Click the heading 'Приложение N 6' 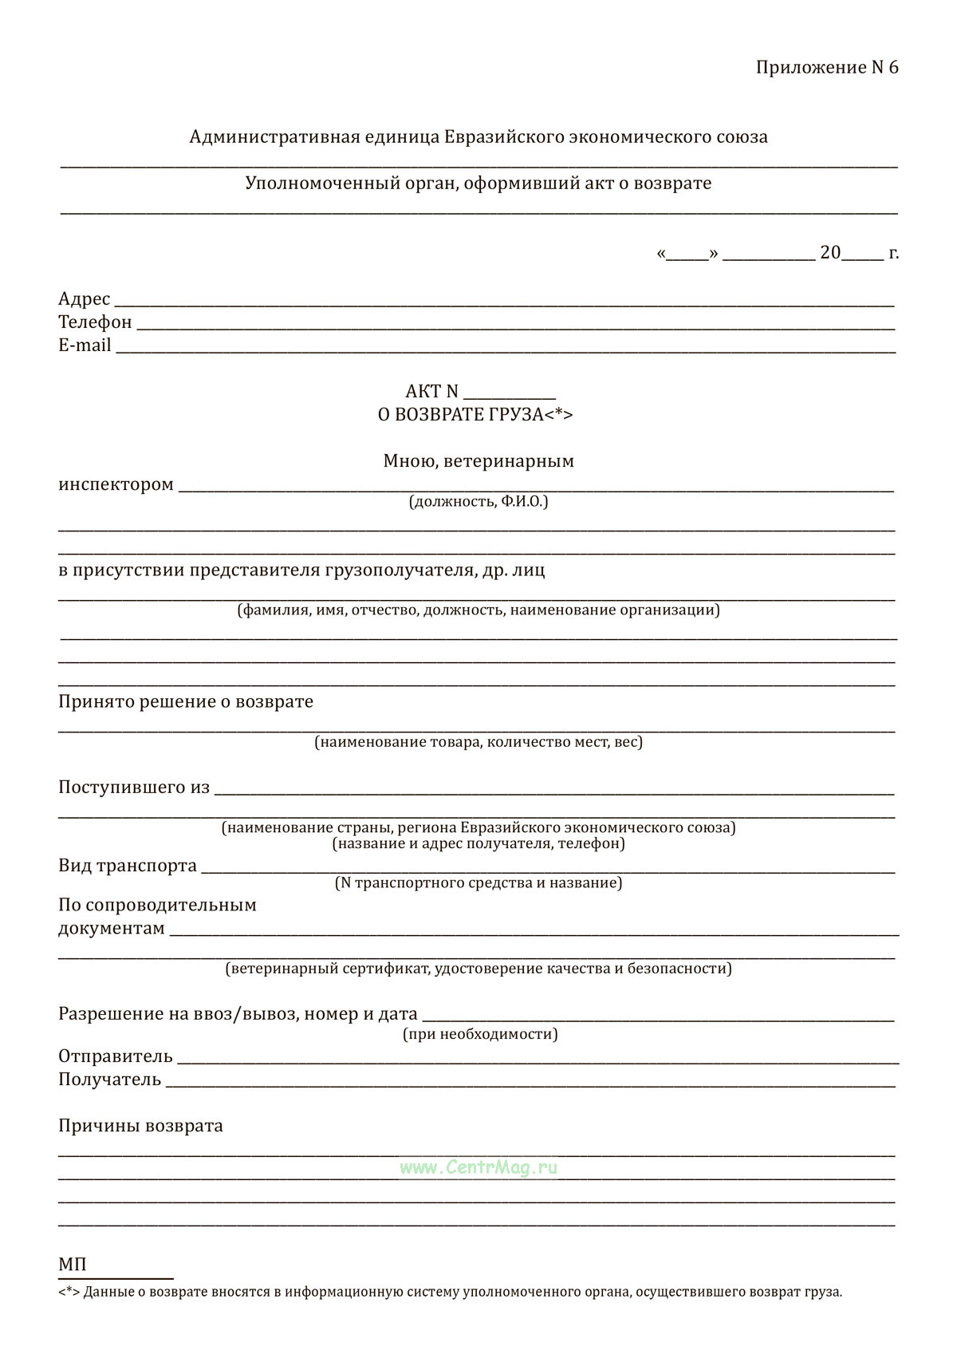(x=826, y=68)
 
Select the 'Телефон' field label (x=95, y=322)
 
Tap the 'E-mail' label (x=85, y=345)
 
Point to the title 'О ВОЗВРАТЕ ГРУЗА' (x=475, y=415)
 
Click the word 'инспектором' (x=116, y=485)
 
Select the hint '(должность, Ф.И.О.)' (x=478, y=502)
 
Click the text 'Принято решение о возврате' (x=186, y=702)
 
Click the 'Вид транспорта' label (x=128, y=866)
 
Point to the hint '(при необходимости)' (x=480, y=1035)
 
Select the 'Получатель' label (x=110, y=1080)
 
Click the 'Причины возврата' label (x=140, y=1127)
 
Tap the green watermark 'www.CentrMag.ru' (x=478, y=1168)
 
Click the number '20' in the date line (x=830, y=253)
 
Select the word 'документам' (x=112, y=930)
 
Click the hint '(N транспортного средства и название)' (x=478, y=883)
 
